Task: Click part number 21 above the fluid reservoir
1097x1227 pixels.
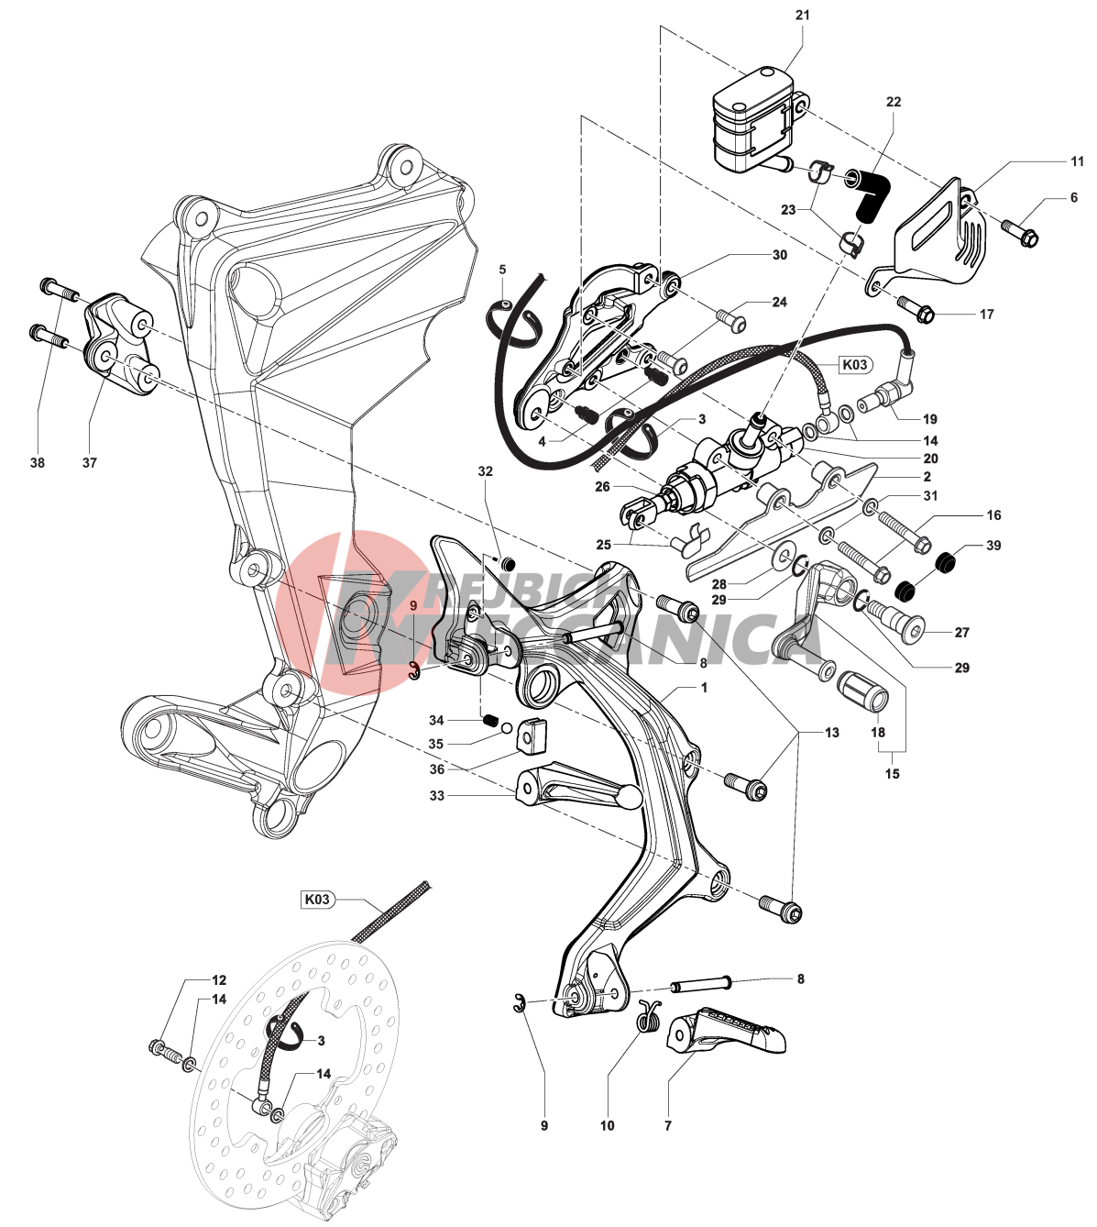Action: tap(803, 16)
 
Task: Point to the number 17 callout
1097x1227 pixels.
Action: tap(986, 315)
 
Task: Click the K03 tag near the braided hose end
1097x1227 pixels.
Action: tap(853, 364)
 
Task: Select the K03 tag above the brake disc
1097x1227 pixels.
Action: tap(316, 900)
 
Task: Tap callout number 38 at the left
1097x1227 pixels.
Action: tap(37, 463)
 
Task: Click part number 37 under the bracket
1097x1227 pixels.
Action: tap(89, 463)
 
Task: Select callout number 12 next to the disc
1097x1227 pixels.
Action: tap(219, 979)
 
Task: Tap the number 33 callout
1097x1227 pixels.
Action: tap(436, 795)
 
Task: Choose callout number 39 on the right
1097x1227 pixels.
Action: tap(993, 545)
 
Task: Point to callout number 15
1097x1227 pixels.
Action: tap(892, 773)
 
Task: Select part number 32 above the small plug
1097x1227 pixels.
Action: tap(485, 471)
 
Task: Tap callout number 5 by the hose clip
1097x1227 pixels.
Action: tap(502, 270)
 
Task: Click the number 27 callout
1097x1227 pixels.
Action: tap(961, 632)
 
